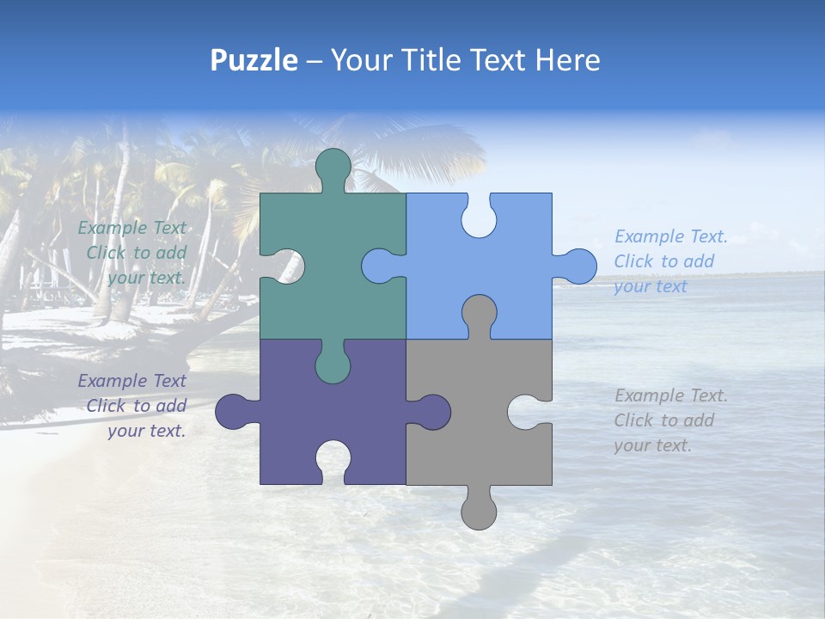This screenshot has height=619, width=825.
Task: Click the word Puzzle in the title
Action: [254, 60]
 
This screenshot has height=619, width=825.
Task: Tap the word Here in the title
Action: [566, 60]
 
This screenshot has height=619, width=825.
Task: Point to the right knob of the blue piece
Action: [577, 266]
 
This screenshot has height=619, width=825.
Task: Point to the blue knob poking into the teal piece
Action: [379, 266]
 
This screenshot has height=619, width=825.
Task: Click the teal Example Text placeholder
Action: [134, 253]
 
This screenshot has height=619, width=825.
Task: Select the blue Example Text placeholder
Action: [670, 261]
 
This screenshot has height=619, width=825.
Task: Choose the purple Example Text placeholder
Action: [134, 406]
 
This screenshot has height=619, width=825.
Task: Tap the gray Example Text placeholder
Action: [670, 420]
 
